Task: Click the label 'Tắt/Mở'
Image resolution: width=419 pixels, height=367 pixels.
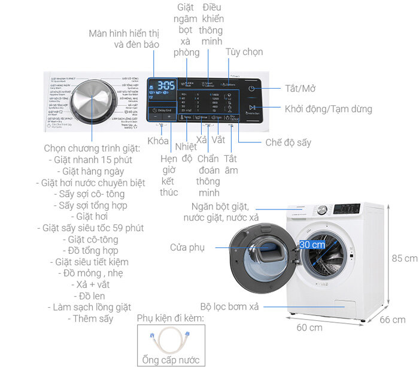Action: click(300, 89)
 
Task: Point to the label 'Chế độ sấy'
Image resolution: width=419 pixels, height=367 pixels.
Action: click(288, 142)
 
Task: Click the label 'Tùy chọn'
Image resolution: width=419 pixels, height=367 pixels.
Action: click(244, 52)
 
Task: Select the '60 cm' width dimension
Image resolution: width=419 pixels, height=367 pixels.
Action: click(309, 327)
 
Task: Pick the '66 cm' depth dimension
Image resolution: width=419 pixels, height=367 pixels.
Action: click(392, 320)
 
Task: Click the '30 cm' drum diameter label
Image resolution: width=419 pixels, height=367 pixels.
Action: click(312, 244)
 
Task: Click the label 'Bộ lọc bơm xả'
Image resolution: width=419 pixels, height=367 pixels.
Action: click(230, 307)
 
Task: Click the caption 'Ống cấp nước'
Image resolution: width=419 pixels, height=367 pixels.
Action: click(171, 360)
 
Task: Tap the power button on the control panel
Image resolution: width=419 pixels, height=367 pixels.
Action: click(252, 89)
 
